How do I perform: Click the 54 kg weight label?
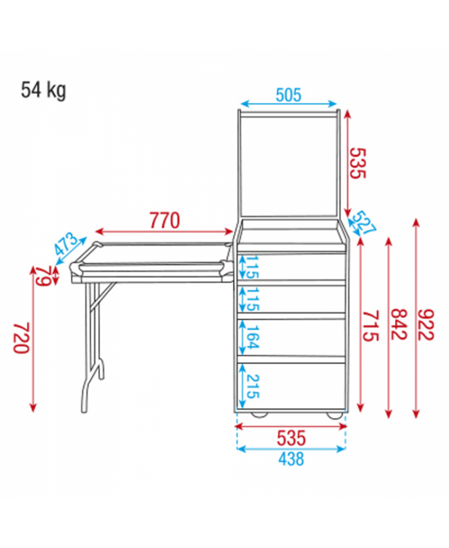[x=44, y=90]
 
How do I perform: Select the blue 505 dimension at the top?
[x=288, y=95]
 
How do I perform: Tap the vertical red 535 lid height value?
[x=355, y=164]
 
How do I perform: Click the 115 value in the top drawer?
[x=251, y=266]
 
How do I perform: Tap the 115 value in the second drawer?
[x=251, y=298]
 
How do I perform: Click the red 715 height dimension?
[x=372, y=325]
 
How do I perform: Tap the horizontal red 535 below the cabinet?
[x=291, y=436]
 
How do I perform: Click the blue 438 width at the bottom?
[x=291, y=459]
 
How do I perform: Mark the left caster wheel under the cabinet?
[x=260, y=414]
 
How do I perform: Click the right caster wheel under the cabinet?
[x=332, y=414]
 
